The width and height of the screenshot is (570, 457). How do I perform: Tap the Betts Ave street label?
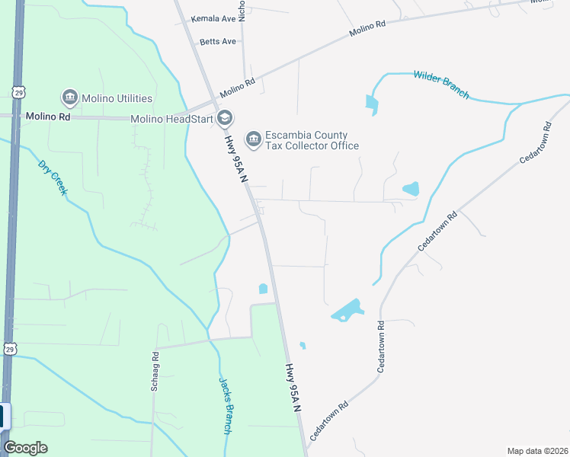[x=218, y=41]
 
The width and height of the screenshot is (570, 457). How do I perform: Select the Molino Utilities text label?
[x=118, y=98]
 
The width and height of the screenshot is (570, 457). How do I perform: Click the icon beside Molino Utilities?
[x=69, y=97]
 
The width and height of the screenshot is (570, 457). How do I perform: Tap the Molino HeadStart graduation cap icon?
[x=224, y=118]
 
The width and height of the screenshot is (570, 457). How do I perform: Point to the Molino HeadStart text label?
[x=171, y=119]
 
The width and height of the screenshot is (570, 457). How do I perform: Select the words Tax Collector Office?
[x=312, y=145]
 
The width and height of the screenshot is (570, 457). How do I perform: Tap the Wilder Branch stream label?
[x=441, y=84]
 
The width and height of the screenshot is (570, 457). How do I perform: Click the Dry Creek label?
[x=52, y=177]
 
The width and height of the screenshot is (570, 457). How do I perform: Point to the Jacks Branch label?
[x=225, y=406]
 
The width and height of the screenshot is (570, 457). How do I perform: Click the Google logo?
[x=25, y=448]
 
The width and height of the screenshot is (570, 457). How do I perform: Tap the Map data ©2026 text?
[x=536, y=451]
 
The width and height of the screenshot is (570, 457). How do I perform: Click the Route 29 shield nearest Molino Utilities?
[x=17, y=91]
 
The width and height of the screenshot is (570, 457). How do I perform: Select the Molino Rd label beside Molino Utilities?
[x=47, y=117]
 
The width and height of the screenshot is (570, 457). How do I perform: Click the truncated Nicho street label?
[x=242, y=9]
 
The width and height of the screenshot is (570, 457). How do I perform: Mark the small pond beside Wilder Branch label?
[x=371, y=104]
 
